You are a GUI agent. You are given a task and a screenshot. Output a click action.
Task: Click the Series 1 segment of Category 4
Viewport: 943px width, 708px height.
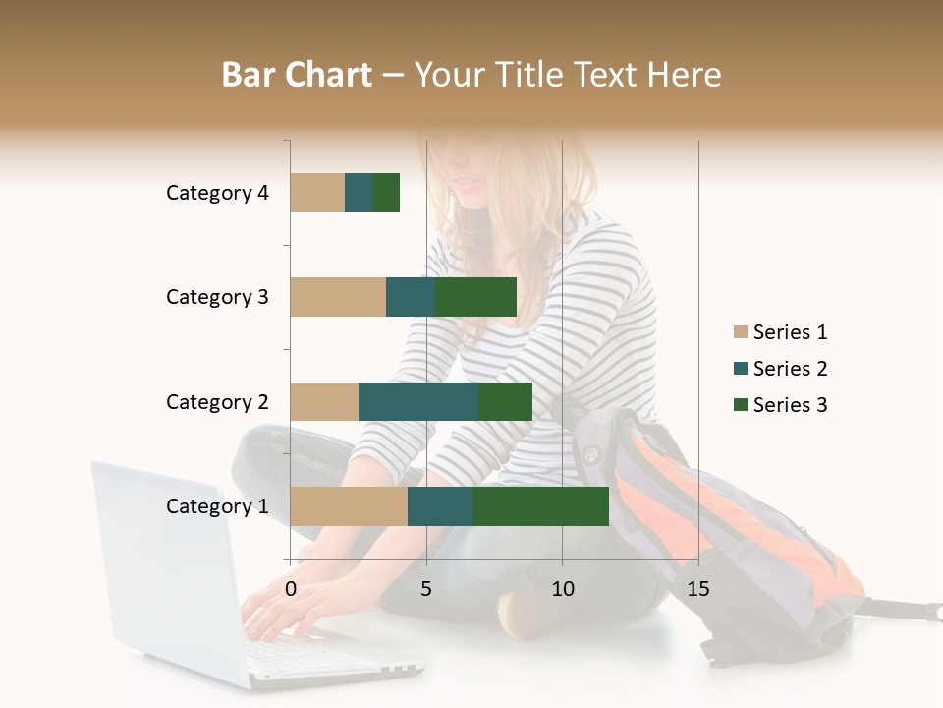pos(317,193)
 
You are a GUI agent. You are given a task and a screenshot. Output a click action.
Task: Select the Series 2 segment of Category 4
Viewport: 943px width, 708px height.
pos(359,193)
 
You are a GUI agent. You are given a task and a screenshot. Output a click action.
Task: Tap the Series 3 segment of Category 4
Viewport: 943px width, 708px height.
pos(386,193)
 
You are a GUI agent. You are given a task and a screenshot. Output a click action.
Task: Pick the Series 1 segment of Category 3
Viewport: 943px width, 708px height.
pos(338,297)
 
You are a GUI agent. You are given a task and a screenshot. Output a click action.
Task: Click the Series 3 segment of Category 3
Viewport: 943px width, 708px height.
pos(476,297)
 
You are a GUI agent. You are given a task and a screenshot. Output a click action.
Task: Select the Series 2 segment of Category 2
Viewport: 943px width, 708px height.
pos(418,401)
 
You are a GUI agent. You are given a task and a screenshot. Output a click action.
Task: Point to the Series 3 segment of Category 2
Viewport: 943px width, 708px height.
pos(505,401)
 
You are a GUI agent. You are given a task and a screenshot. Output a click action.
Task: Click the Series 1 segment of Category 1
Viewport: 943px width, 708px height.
pos(349,506)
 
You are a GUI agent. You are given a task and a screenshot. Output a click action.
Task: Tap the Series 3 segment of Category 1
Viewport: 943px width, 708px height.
pos(540,506)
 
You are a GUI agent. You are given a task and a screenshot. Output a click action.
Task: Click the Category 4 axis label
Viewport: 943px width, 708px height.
pos(217,193)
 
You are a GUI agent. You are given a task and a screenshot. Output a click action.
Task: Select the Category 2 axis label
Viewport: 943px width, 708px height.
pos(217,402)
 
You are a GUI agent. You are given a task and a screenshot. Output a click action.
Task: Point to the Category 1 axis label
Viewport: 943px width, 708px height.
pos(217,506)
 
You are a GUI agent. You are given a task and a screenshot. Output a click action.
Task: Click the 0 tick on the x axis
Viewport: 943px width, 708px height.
pos(291,589)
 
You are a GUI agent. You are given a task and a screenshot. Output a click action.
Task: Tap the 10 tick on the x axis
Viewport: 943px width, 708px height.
pos(562,589)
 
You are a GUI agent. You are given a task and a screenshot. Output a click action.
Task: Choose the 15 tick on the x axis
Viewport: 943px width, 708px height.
pos(698,589)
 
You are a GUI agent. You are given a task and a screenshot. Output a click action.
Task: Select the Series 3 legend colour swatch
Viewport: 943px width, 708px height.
pos(740,405)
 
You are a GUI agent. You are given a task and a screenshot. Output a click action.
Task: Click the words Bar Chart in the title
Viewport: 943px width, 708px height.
pos(297,74)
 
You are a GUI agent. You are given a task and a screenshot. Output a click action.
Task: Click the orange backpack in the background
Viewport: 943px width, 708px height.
pos(747,521)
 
